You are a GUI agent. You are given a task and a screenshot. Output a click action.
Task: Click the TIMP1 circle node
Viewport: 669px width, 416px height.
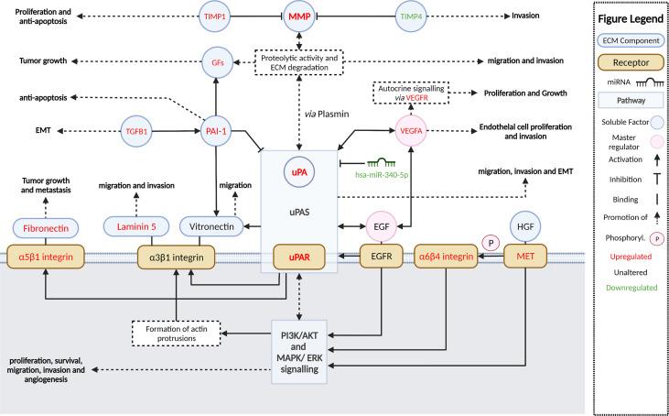coord(215,16)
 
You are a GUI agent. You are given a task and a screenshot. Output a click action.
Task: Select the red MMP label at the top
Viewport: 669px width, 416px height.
coord(297,16)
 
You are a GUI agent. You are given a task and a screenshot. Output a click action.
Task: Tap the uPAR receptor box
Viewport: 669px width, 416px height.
coord(297,257)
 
